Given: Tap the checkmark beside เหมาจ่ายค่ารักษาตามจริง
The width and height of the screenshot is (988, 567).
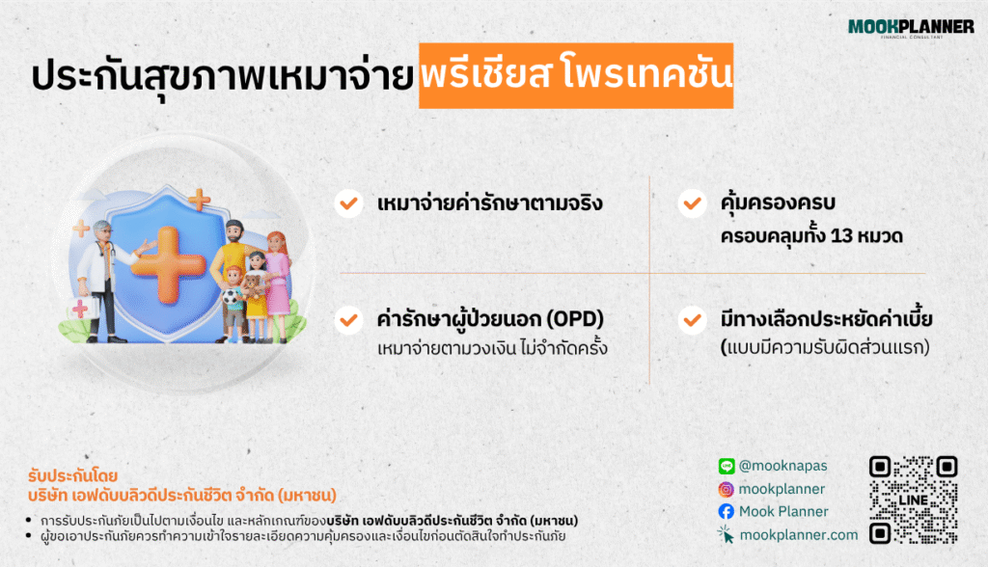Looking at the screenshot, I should point(346,203).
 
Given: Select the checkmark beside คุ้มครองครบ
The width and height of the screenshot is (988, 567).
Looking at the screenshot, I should point(691,203).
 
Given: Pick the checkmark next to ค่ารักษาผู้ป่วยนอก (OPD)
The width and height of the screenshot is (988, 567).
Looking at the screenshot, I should point(346,319).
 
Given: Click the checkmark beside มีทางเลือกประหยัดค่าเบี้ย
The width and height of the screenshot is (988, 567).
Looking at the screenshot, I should point(691,319).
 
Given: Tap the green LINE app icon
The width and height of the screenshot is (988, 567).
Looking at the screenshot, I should point(727,466).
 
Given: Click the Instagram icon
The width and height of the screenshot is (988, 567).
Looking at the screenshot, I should point(727,489).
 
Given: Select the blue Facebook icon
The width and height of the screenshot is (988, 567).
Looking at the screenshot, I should point(727,512).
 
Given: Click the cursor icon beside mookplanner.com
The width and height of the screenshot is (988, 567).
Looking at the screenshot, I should point(727,535).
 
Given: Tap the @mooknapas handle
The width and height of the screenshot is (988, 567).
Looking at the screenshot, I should point(783,466).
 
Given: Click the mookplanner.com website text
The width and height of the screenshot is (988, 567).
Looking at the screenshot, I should point(798,535).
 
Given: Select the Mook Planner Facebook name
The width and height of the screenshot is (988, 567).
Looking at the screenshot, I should point(783,512).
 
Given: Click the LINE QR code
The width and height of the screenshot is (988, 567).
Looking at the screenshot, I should point(913,499).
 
